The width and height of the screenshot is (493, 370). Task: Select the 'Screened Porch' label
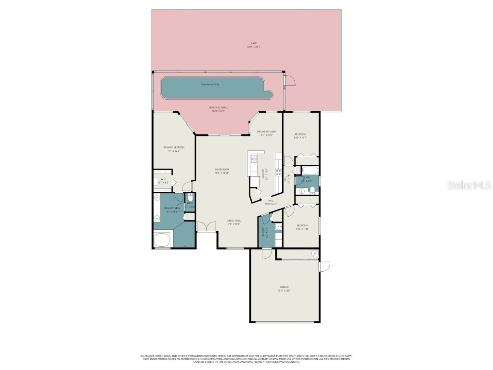pos(219,109)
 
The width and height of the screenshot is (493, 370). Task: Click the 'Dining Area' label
pos(234,222)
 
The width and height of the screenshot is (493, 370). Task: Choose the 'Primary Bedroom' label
pos(173,148)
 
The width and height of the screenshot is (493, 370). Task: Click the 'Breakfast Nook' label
pos(266,133)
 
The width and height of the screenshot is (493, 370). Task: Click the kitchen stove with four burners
pos(278,172)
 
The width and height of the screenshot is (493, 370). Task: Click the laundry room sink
pos(279,226)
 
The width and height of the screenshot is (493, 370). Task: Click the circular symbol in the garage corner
pos(315,253)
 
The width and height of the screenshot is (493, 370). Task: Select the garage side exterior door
pos(324,266)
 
